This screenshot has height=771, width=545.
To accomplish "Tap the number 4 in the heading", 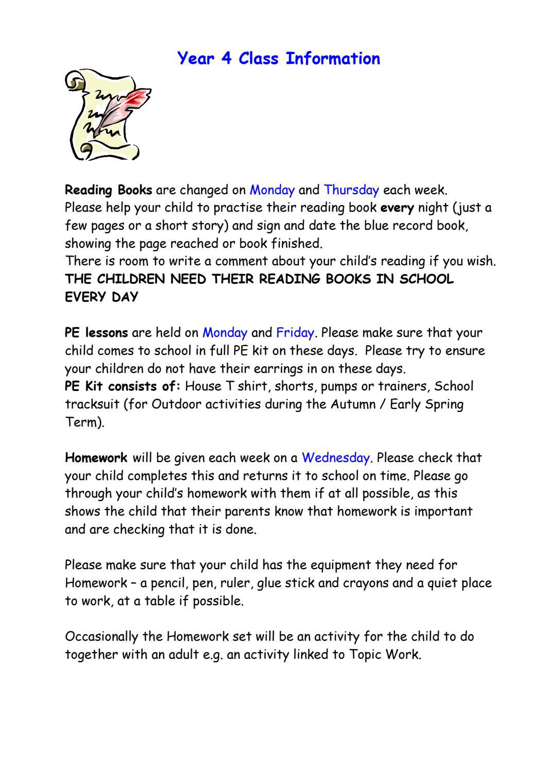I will click(226, 59).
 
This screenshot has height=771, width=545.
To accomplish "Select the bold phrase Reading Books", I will click(108, 190).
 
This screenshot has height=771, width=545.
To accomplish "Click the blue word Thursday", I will click(351, 190).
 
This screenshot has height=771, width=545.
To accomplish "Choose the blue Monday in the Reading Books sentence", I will click(272, 190).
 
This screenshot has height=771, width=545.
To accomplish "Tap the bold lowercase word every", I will click(397, 208).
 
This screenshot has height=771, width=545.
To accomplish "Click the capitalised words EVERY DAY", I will click(101, 297).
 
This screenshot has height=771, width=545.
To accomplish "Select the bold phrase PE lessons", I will click(96, 333).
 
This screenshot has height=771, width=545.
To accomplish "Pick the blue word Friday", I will click(295, 333).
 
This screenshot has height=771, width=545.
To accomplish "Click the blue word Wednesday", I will click(335, 458).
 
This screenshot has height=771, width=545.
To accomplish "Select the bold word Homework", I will click(96, 458).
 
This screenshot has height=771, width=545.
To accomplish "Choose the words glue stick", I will click(282, 583).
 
